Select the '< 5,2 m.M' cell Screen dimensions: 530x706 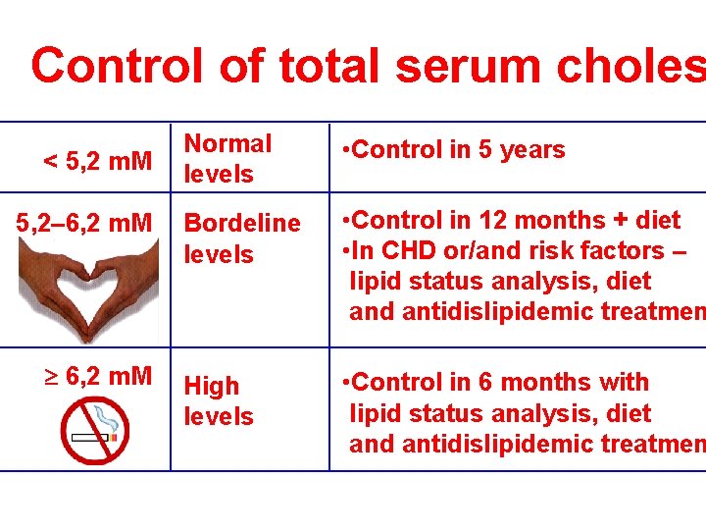pos(95,159)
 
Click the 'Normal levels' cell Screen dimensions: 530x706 pos(228,158)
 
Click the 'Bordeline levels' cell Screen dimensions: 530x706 pos(242,238)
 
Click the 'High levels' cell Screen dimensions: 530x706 pos(219,400)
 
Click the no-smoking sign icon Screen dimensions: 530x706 pos(94,429)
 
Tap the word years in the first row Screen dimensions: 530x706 pos(535,150)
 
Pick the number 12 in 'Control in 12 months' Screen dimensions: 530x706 pos(497,219)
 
